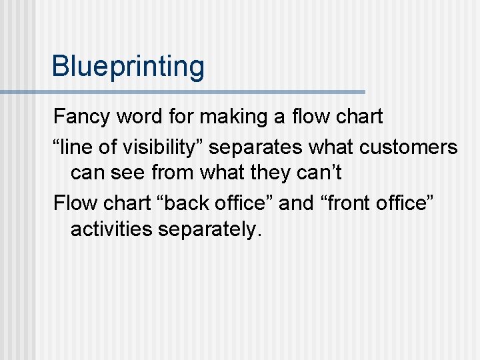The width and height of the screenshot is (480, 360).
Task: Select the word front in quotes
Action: click(342, 203)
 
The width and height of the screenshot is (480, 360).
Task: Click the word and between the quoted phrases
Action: click(296, 203)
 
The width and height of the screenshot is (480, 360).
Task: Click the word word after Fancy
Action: click(138, 117)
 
